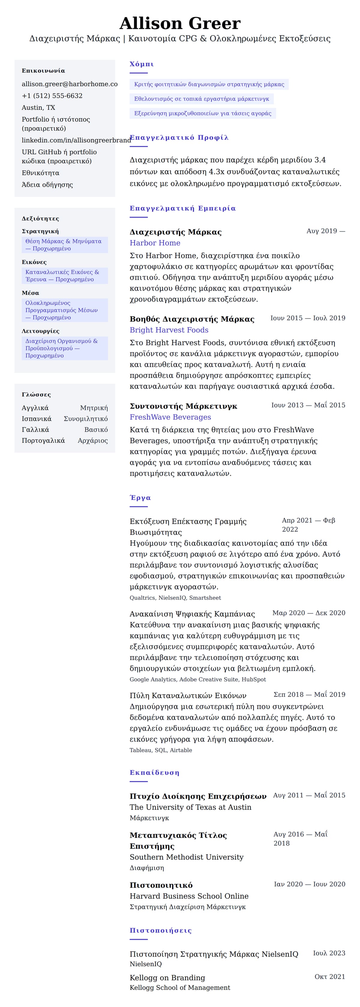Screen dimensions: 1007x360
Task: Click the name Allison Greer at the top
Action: coord(180,23)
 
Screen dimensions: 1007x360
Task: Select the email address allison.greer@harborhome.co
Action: coord(70,84)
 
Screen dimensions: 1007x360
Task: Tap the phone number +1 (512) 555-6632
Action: coord(52,96)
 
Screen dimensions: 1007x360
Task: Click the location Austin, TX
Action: coord(38,107)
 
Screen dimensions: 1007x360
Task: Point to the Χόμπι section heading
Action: coord(142,64)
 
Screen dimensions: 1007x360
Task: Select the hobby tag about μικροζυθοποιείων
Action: coord(202,113)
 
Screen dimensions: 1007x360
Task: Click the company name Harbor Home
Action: coord(155,243)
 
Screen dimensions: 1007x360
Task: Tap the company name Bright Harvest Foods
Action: coord(169,330)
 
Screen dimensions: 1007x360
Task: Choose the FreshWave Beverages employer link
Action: coord(170,417)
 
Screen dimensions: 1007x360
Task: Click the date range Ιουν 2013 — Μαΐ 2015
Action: coord(308,405)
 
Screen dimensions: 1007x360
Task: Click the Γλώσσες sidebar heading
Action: coord(36,394)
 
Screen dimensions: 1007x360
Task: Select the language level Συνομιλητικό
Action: coord(85,419)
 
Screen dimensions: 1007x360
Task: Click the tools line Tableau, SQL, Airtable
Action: coord(161,750)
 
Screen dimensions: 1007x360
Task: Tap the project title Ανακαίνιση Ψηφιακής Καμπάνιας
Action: coord(192,614)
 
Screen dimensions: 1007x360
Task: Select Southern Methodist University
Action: coord(186,857)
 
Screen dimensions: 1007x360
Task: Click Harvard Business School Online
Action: coord(189,896)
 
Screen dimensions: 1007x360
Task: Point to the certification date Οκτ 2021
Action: coord(329,976)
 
